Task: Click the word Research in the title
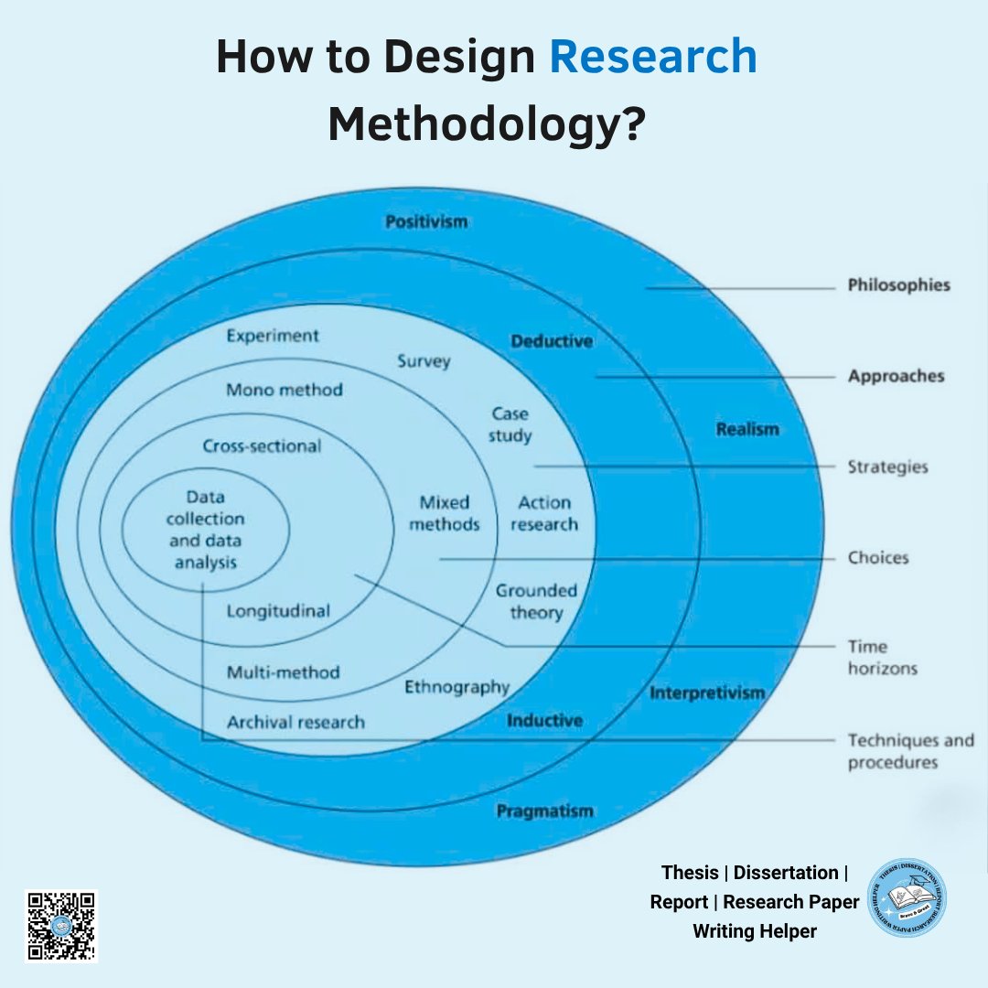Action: [653, 59]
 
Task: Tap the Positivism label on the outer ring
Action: [425, 221]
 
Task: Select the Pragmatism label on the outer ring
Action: [544, 811]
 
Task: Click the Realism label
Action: [747, 429]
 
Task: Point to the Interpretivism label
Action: [707, 693]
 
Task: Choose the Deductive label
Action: [552, 341]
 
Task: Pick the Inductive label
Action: [544, 721]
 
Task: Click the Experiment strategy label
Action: [273, 336]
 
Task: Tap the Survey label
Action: [424, 361]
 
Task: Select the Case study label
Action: [510, 425]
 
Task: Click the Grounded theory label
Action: [536, 602]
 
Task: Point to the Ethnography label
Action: [456, 686]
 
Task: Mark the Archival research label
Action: [295, 722]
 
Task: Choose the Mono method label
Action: [285, 390]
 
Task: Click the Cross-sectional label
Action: [262, 446]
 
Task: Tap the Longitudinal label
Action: [278, 611]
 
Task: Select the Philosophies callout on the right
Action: [898, 285]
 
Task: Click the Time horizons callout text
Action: [881, 658]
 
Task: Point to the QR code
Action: [60, 926]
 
